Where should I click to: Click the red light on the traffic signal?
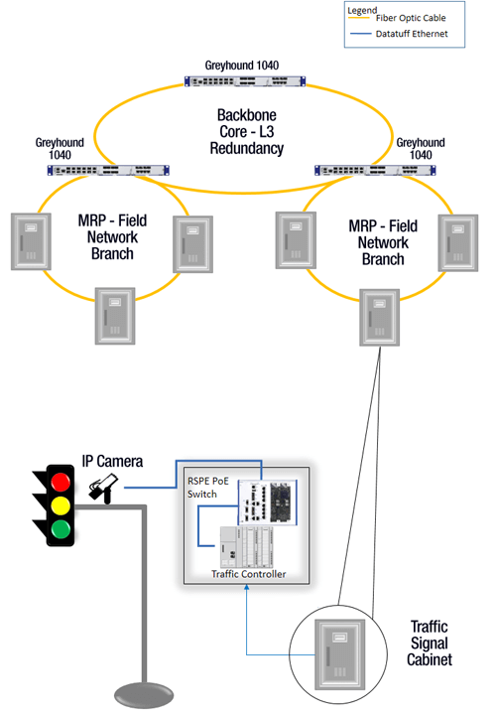pyautogui.click(x=62, y=484)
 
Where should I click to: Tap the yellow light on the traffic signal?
pyautogui.click(x=62, y=505)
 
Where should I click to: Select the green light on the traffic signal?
pyautogui.click(x=62, y=527)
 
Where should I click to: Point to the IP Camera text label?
pyautogui.click(x=112, y=462)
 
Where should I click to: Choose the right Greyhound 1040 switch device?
pyautogui.click(x=369, y=170)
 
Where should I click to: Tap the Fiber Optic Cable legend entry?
pyautogui.click(x=408, y=17)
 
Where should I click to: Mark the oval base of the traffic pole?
pyautogui.click(x=146, y=691)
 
